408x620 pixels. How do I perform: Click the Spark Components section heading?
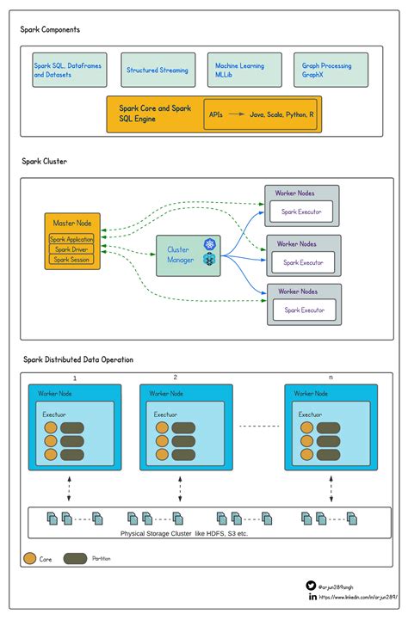coord(51,29)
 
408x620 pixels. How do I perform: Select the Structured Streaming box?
coord(158,71)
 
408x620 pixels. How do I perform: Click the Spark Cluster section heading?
coord(45,162)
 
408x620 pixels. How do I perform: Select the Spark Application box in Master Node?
coord(71,239)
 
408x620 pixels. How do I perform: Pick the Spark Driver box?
coord(71,249)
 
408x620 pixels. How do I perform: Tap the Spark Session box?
coord(71,259)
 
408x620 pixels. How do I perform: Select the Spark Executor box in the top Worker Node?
coord(301,211)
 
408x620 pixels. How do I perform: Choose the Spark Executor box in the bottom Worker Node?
coord(304,310)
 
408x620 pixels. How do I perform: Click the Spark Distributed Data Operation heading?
coord(77,359)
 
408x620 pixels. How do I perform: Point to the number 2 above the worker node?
coord(176,378)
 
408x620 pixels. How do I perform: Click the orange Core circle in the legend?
coord(29,559)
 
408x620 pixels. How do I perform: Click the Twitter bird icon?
coord(311,585)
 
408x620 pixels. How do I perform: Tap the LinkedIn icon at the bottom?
coord(311,596)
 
